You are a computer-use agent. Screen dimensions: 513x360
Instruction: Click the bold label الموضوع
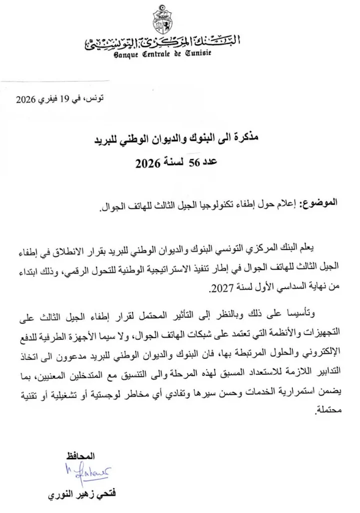tap(321, 203)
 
